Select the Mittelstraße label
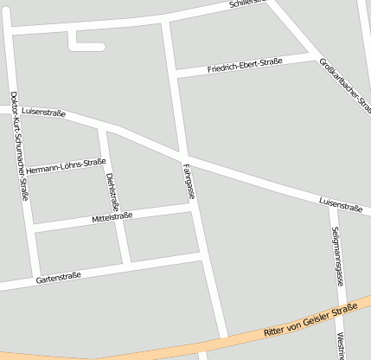(112, 216)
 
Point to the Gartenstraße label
(59, 277)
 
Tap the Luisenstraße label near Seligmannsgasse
(340, 205)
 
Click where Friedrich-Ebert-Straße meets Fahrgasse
(176, 74)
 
